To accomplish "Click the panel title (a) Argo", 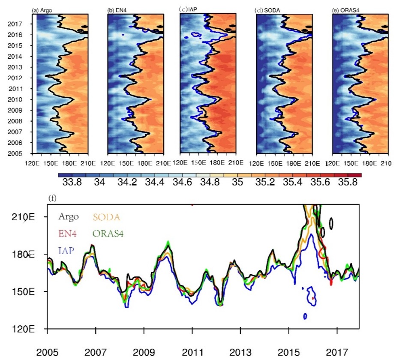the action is (42, 10).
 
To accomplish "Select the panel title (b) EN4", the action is (117, 10).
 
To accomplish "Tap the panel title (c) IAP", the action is (188, 10).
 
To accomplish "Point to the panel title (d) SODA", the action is (267, 10).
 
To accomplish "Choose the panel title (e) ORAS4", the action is (346, 10).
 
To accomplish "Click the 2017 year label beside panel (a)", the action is (15, 24).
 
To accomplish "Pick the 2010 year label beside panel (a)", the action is (15, 99).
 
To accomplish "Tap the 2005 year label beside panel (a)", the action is (15, 153).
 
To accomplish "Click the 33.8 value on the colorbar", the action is (72, 182).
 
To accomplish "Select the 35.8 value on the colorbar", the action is (348, 182).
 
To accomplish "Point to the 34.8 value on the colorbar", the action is (210, 182).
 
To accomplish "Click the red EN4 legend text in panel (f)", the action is (67, 233).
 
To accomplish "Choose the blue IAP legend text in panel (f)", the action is (66, 251).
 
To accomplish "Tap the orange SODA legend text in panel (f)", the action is (106, 217).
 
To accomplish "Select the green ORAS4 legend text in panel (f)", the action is (108, 233).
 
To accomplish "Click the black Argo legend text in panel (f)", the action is (69, 216).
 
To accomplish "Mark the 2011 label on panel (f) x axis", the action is (192, 352).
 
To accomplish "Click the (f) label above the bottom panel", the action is (52, 198).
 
